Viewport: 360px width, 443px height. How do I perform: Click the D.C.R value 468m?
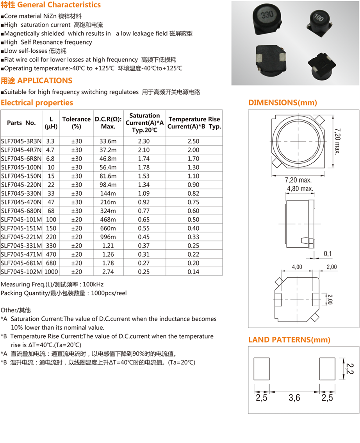[x=107, y=220]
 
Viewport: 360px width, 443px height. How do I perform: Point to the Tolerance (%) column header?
[x=76, y=123]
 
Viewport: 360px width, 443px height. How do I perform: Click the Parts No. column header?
[x=21, y=123]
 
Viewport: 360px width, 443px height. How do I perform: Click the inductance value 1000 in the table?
[x=51, y=272]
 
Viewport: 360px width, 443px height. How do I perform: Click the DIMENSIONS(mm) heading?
[x=283, y=103]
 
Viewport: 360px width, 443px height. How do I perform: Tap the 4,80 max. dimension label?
[x=300, y=189]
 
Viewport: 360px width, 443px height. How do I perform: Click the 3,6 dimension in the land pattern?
[x=294, y=398]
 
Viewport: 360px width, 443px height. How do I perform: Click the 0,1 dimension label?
[x=328, y=254]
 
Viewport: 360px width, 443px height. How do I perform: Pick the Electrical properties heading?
[x=37, y=103]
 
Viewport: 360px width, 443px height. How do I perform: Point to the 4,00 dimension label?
[x=297, y=267]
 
